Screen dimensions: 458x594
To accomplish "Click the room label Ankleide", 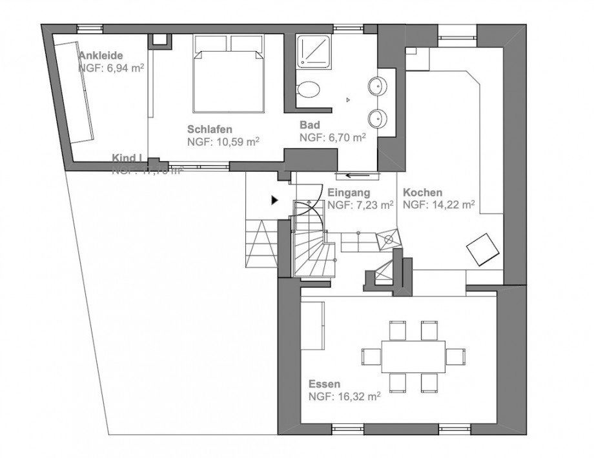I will pos(101,55).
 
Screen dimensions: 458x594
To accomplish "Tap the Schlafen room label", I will pos(210,128).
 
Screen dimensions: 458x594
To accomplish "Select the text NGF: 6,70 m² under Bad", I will pos(333,137).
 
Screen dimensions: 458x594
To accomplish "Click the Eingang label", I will pos(348,192).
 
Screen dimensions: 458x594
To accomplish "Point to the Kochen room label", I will pos(422,192).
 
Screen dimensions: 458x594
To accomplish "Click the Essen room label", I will pos(324,384).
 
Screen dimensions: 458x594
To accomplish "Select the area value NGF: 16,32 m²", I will pos(343,397).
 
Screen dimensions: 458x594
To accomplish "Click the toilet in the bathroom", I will pos(310,89).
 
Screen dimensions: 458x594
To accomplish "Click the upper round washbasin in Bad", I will pos(378,85).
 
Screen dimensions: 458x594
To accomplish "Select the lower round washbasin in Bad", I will pos(378,117).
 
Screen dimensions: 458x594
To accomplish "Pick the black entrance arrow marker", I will pos(274,201).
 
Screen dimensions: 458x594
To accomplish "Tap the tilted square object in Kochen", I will pos(483,250).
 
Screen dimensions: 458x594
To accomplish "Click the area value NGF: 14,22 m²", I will pos(439,204).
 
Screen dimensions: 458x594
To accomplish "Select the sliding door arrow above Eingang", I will pos(357,174).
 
